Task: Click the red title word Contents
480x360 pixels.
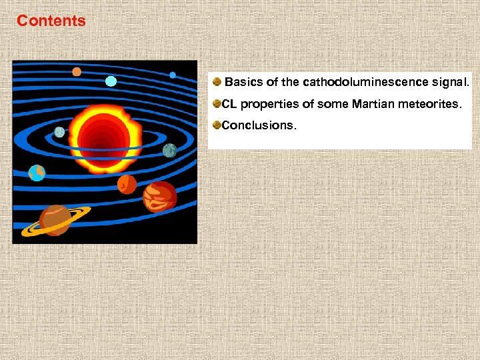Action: click(51, 21)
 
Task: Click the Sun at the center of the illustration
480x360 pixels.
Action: click(103, 136)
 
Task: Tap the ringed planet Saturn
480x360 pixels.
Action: click(55, 219)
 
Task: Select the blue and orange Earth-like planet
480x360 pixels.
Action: click(37, 173)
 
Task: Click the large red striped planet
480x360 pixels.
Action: click(160, 196)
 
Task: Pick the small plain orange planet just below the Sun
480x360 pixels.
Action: click(127, 183)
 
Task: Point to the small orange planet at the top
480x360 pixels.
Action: click(77, 72)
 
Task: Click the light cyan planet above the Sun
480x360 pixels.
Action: click(111, 81)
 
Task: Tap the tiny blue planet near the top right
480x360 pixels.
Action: click(173, 75)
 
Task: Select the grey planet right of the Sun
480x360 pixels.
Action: click(169, 151)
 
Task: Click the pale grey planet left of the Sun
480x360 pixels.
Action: click(59, 132)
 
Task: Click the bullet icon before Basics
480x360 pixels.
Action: click(217, 83)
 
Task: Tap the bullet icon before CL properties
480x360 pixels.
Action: click(217, 104)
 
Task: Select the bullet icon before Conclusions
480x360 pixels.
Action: click(217, 125)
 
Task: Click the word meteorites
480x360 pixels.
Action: click(435, 104)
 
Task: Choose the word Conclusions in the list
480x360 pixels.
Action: click(257, 125)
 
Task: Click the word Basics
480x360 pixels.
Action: click(243, 83)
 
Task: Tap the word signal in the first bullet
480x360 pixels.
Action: click(451, 83)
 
